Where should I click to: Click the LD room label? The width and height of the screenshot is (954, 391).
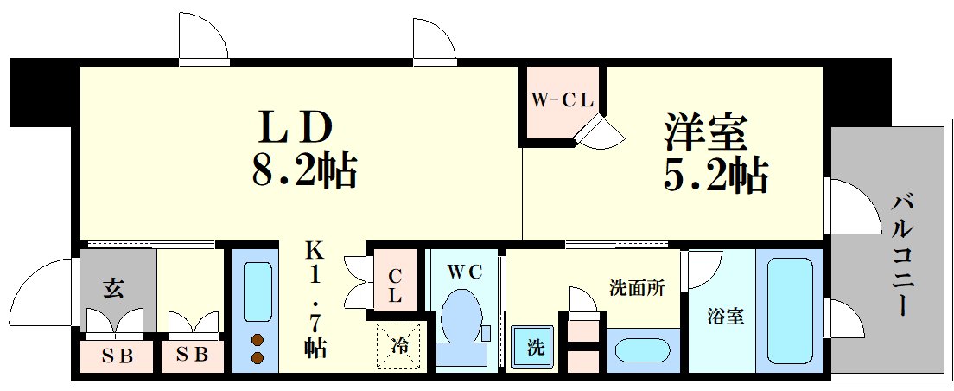[x=293, y=129]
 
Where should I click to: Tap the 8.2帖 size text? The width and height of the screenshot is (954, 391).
[x=303, y=170]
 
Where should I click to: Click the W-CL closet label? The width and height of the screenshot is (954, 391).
[x=562, y=100]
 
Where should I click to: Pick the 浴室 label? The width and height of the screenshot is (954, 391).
[x=724, y=317]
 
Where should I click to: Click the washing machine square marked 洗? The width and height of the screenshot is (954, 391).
[x=536, y=348]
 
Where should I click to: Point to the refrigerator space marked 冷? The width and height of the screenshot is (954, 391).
[x=400, y=344]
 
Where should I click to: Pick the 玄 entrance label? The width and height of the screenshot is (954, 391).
[x=114, y=288]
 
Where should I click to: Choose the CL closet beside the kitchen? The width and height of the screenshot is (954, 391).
[x=394, y=285]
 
